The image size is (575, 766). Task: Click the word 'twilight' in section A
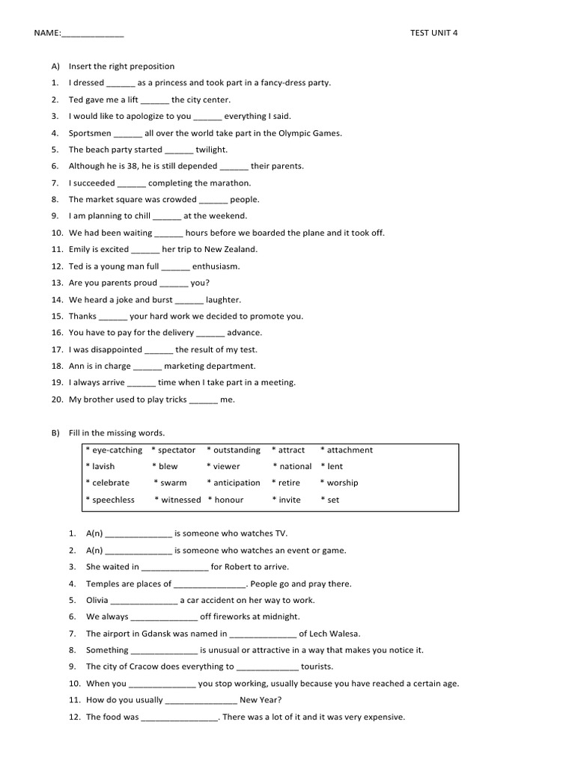(212, 150)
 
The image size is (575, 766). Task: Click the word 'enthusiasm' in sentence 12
(216, 266)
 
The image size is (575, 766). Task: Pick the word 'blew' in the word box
(168, 467)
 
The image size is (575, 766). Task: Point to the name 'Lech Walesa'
(335, 634)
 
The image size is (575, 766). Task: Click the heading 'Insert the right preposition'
(121, 67)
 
